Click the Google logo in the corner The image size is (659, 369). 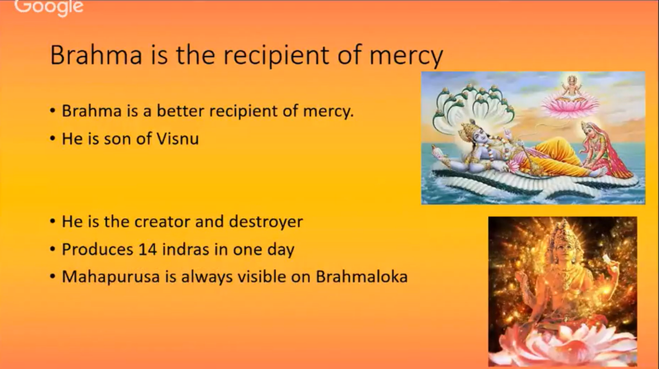point(49,7)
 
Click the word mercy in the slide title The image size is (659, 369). point(406,56)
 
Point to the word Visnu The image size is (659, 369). point(178,138)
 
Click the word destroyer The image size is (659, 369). point(266,222)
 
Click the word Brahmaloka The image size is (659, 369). point(362,276)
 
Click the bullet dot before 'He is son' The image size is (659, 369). point(53,138)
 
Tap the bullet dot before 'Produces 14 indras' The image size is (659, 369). point(53,249)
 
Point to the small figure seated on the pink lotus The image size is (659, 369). point(571,88)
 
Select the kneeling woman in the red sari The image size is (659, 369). point(605,150)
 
